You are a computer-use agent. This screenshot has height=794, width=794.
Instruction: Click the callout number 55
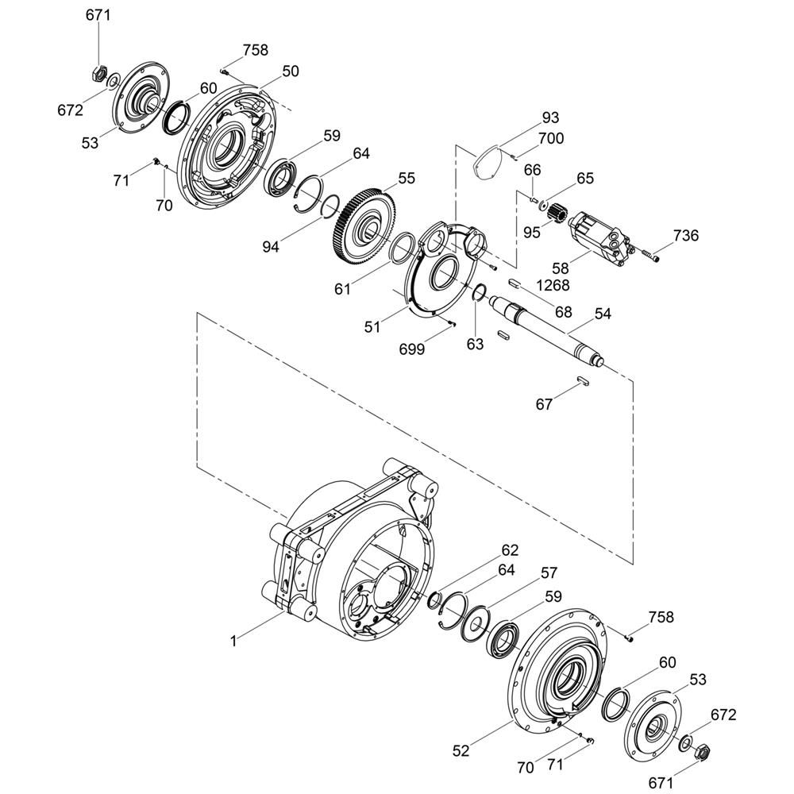click(x=406, y=178)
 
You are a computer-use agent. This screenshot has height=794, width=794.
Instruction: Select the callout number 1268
click(x=553, y=285)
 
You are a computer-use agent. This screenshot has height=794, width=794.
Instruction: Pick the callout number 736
click(x=686, y=236)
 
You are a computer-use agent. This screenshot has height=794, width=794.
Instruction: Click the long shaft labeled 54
click(x=547, y=330)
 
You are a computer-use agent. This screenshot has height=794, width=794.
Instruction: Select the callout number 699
click(x=411, y=349)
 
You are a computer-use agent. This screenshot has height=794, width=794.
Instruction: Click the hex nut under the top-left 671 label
click(x=98, y=74)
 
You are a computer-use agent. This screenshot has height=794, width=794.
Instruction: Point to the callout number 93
click(x=550, y=118)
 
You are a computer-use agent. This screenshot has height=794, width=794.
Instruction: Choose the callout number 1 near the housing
click(x=233, y=642)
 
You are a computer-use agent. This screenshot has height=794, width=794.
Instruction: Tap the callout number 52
click(x=461, y=750)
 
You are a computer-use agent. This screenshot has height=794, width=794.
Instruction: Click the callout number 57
click(x=549, y=572)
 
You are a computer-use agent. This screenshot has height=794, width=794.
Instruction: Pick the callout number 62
click(x=510, y=550)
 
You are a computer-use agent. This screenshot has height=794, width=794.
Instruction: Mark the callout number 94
click(x=271, y=247)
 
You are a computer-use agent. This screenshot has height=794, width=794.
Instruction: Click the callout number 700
click(x=551, y=138)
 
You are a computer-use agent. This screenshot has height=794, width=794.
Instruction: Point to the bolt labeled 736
click(x=651, y=255)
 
